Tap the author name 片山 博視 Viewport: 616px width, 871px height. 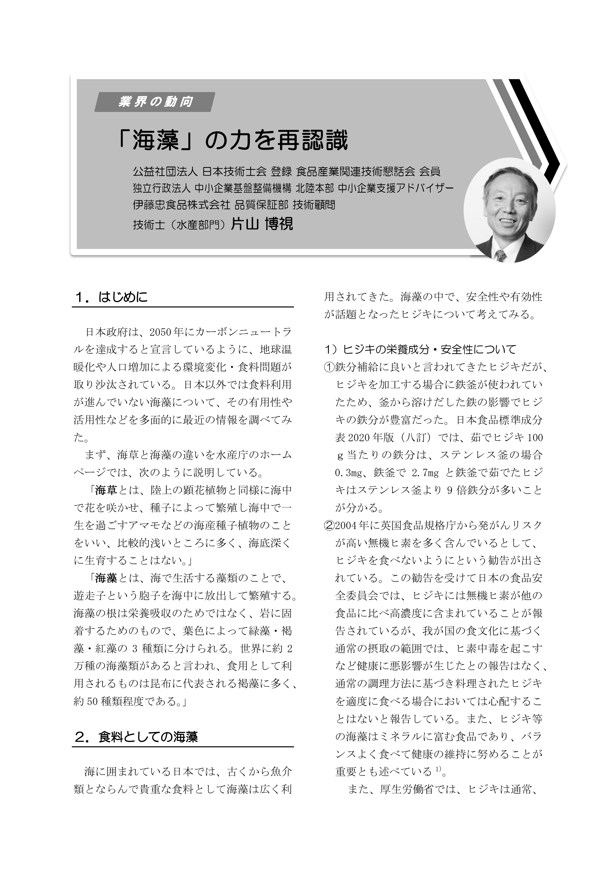pyautogui.click(x=262, y=224)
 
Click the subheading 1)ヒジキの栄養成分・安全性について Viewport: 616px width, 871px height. pyautogui.click(x=420, y=349)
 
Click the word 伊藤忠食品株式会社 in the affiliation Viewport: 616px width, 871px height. pyautogui.click(x=181, y=205)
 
